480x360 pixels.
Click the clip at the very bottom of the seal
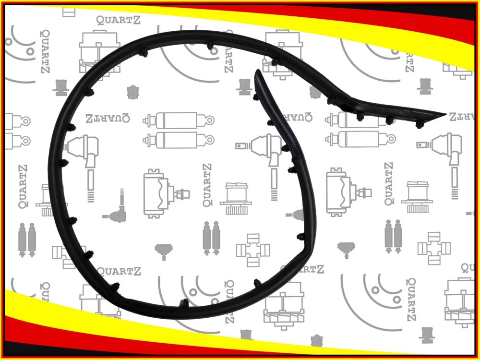pyautogui.click(x=184, y=303)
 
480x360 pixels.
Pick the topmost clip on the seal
pyautogui.click(x=210, y=46)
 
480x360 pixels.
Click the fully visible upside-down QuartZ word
pyautogui.click(x=101, y=117)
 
